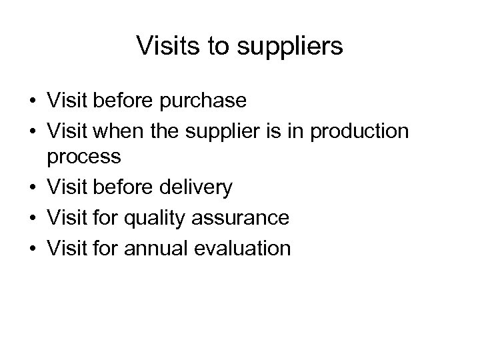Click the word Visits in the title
163,46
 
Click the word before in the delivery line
123,187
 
